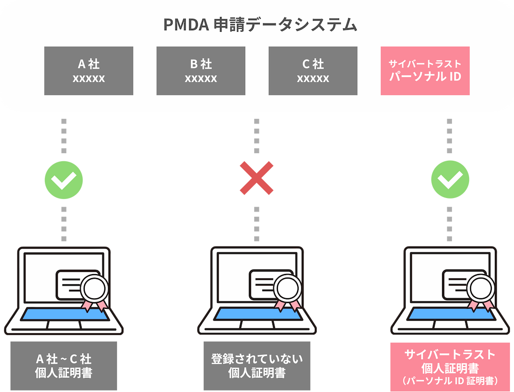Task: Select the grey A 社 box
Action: (89, 71)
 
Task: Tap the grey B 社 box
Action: (201, 71)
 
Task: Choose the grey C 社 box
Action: (313, 71)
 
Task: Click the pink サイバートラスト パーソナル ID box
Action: (425, 71)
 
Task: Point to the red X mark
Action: (257, 178)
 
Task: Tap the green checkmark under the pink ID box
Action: (450, 179)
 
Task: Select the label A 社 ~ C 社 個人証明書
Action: (64, 366)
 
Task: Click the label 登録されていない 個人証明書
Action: (257, 366)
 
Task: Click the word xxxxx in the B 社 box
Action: (201, 79)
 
